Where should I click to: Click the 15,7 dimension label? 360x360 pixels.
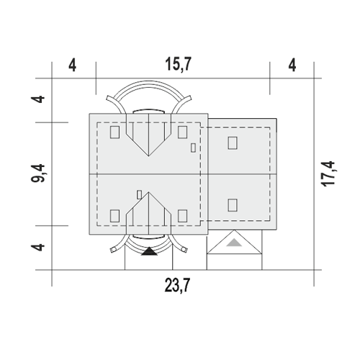click(179, 65)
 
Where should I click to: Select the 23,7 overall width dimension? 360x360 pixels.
click(177, 285)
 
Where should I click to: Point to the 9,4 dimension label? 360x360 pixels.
click(38, 174)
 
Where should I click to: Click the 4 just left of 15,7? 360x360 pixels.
click(73, 65)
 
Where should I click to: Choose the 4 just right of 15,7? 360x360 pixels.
click(292, 65)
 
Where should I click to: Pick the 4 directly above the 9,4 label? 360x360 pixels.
click(38, 99)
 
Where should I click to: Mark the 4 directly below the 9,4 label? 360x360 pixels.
click(38, 247)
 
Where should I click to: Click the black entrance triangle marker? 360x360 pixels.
click(149, 251)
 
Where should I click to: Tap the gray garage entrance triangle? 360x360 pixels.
click(234, 243)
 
